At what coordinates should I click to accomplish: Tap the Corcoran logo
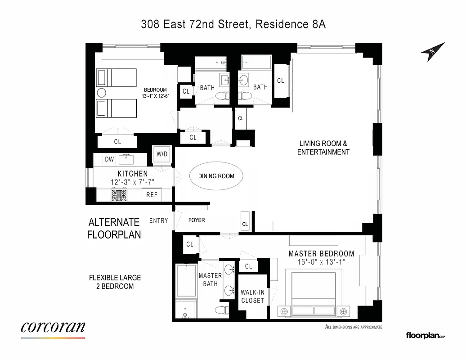coord(53,328)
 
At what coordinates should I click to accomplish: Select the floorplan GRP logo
coord(425,335)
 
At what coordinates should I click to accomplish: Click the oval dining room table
coord(216,176)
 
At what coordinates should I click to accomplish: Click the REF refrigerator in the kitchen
coord(152,195)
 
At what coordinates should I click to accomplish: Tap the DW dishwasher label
coord(109,159)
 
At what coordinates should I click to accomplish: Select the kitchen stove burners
coord(120,195)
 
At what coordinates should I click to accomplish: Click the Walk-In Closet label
coord(252,296)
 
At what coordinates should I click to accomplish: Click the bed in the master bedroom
coord(313,295)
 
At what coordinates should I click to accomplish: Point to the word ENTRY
coord(158,220)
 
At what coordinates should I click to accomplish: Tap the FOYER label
coord(196,220)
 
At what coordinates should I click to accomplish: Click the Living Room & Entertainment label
coord(323,148)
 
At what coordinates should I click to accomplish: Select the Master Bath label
coord(210,279)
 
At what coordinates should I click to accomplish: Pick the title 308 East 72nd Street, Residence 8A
coord(233,24)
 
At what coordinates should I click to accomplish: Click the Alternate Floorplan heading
coord(114,228)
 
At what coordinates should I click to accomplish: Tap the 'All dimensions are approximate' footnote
coord(353,327)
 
